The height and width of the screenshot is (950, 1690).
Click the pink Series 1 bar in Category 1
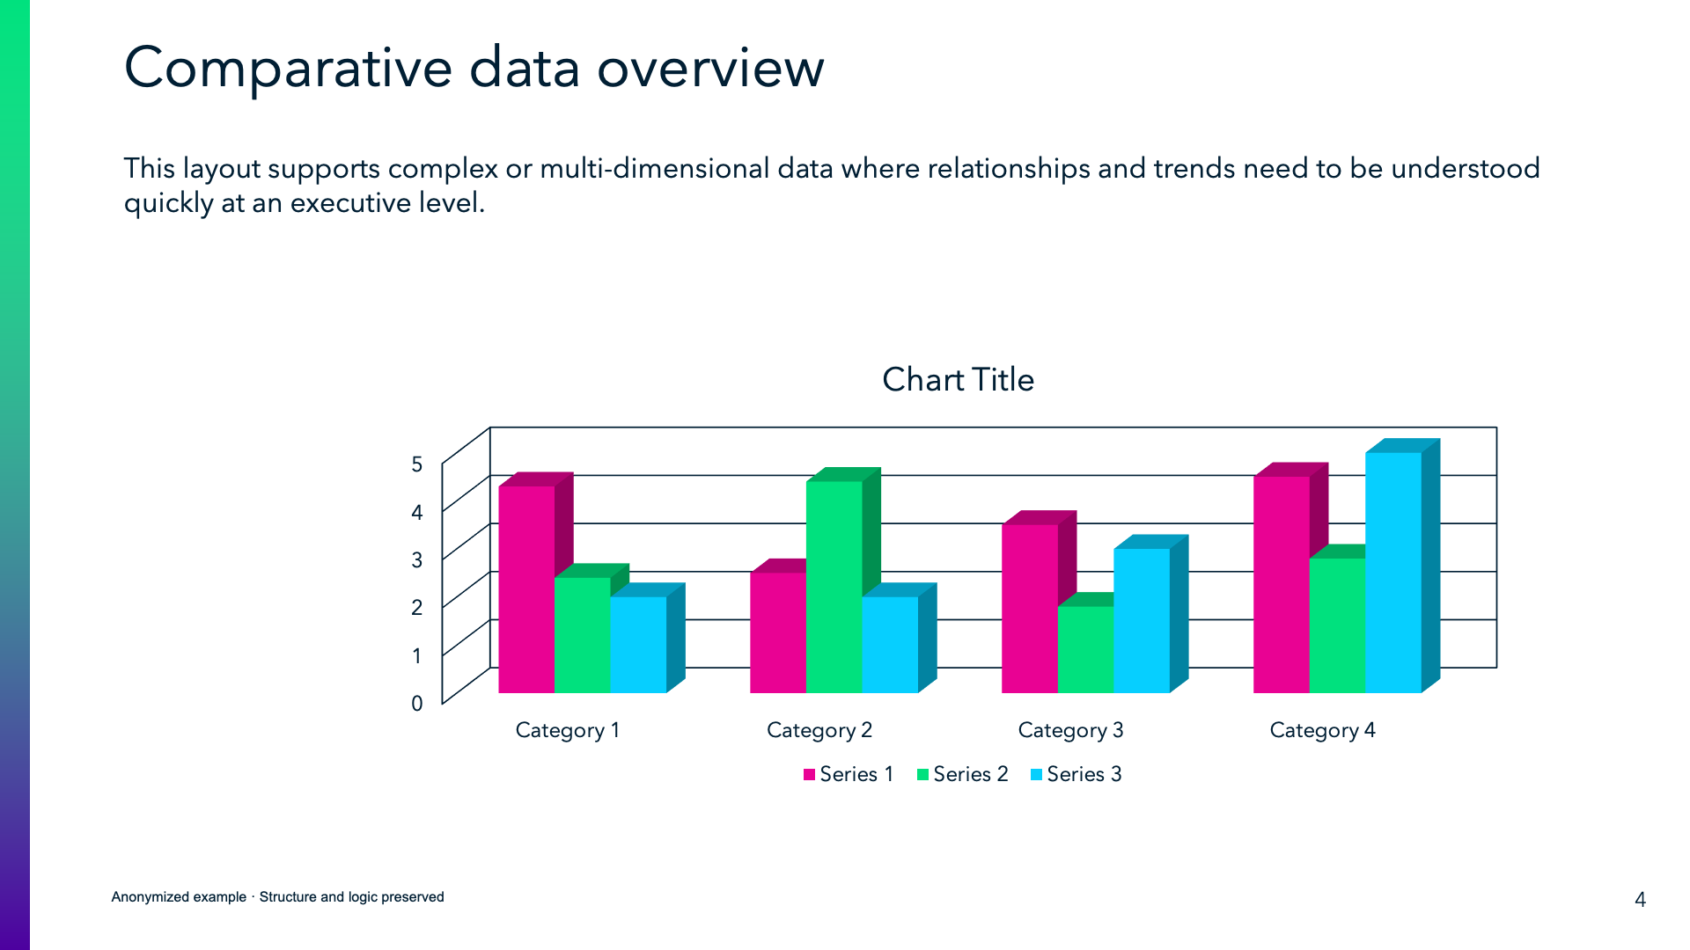tap(526, 588)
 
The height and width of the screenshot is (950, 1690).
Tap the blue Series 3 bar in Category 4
tap(1393, 572)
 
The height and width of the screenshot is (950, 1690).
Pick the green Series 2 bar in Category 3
tap(1085, 649)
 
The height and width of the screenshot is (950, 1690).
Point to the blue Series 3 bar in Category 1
tap(638, 644)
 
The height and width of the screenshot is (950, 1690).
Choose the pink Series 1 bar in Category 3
tap(1029, 608)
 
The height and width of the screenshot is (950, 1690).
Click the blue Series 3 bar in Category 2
tap(890, 644)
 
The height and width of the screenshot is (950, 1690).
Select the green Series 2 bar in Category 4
tap(1337, 625)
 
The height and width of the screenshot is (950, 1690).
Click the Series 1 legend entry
tap(849, 774)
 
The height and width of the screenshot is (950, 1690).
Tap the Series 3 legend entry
tap(1076, 774)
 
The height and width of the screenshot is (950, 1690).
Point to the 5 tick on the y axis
tap(417, 464)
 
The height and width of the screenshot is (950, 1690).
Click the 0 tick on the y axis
tap(417, 704)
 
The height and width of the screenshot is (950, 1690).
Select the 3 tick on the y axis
tap(417, 560)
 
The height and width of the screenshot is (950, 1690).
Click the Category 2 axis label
tap(819, 730)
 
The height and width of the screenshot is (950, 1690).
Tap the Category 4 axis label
tap(1322, 730)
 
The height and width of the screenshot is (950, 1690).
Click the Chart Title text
tap(958, 380)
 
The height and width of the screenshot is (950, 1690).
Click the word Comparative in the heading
tap(288, 69)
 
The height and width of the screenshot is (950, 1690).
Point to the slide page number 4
tap(1640, 899)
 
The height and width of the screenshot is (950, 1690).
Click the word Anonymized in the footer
tap(179, 897)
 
